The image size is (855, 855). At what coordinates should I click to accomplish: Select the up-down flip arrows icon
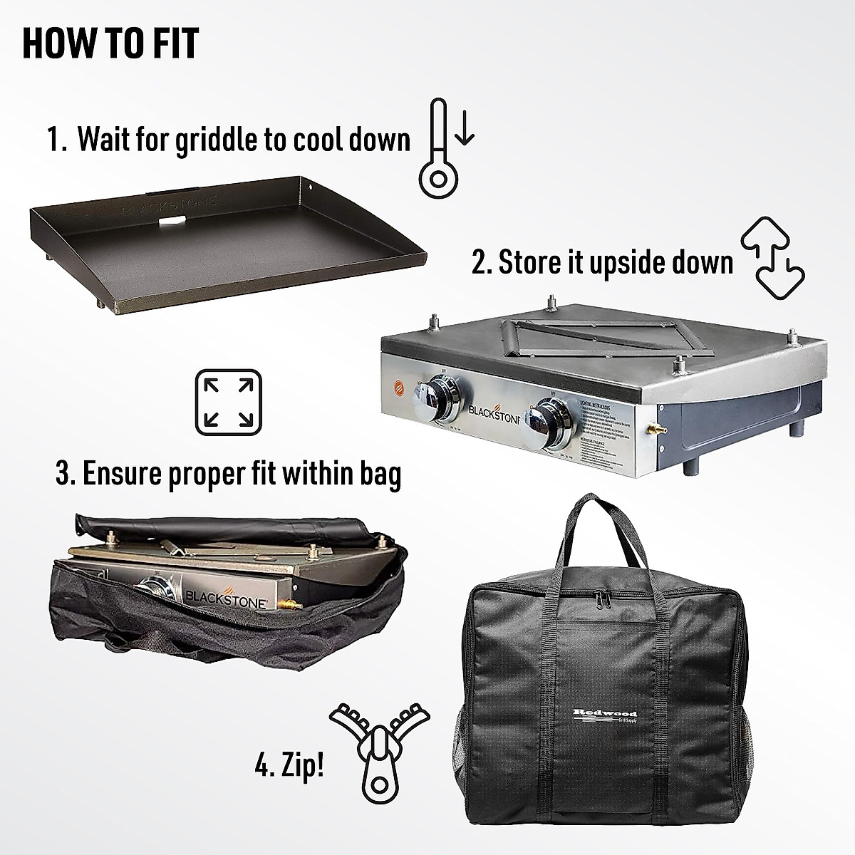click(772, 261)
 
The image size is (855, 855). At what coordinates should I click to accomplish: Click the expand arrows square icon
click(228, 402)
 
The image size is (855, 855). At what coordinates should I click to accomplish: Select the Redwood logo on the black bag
click(604, 715)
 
